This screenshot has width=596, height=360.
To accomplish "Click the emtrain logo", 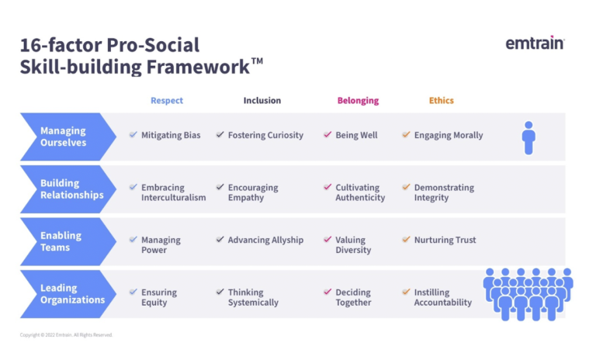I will click(535, 43).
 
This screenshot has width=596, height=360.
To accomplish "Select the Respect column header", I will click(167, 101).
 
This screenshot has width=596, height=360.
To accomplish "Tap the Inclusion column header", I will click(262, 101).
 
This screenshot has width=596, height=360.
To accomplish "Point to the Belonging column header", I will click(358, 101).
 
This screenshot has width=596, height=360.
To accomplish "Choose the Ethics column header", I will click(442, 101).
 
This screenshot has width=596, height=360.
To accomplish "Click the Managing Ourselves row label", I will click(63, 137).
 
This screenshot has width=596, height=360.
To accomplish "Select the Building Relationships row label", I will click(71, 189).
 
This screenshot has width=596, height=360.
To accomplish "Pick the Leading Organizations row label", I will click(72, 294).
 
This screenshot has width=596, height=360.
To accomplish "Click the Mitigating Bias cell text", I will click(171, 135).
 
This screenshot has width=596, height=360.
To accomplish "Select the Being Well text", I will click(356, 135).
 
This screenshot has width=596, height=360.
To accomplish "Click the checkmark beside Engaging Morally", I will click(406, 135).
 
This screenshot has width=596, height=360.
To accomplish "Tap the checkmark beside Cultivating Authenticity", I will click(327, 188).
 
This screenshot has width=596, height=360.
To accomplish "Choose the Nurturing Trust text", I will click(445, 241).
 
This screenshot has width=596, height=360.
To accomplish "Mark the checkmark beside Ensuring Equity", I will click(133, 292).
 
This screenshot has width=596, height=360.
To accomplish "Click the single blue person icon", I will click(528, 137).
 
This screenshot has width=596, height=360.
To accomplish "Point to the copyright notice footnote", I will click(66, 335).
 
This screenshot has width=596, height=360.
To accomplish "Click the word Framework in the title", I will click(197, 67).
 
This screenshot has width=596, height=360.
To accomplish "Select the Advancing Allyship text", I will click(265, 241).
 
